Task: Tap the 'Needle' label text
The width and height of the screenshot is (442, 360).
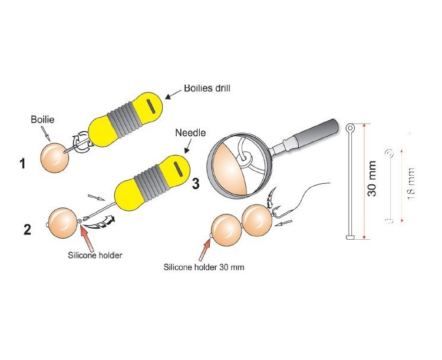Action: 190,133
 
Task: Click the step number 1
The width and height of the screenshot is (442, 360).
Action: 22,163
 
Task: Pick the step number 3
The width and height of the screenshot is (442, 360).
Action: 196,184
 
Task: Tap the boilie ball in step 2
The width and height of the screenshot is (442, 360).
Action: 62,222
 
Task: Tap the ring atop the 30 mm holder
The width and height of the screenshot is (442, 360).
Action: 350,127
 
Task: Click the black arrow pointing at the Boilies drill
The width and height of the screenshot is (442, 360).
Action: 174,93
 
